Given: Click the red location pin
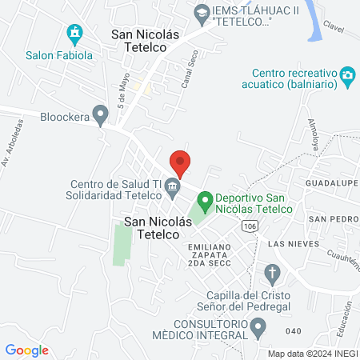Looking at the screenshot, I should click(x=180, y=162).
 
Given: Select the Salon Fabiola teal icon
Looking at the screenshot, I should click(x=74, y=34).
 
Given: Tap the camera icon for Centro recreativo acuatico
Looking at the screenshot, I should click(x=347, y=76).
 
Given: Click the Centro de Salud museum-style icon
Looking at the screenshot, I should click(x=172, y=189).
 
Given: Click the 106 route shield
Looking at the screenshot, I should click(x=250, y=226).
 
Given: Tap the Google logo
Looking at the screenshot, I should click(x=26, y=350).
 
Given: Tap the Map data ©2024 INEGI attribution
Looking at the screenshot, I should click(x=312, y=354).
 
